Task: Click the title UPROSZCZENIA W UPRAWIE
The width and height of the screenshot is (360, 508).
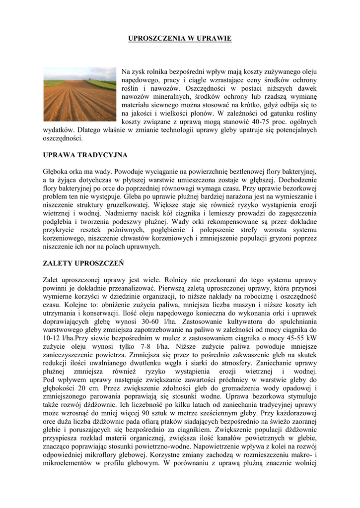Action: [x=180, y=38]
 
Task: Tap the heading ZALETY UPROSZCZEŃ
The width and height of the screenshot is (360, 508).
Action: [x=83, y=262]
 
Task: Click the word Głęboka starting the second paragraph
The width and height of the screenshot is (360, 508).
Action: [x=56, y=171]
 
